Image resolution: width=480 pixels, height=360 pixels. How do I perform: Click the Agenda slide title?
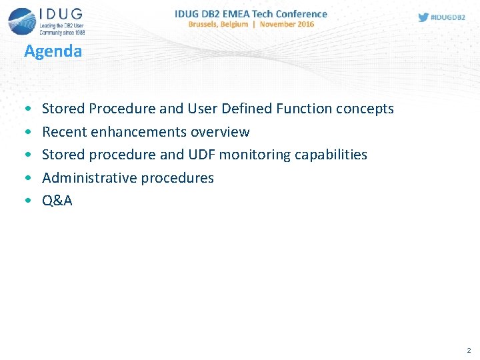point(53,51)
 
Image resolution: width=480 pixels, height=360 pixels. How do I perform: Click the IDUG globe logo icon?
point(21,20)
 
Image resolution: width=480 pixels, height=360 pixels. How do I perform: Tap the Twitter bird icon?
point(423,17)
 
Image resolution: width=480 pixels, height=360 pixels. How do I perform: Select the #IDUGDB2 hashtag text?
point(449,18)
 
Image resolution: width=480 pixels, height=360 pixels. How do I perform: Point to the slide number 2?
point(469,350)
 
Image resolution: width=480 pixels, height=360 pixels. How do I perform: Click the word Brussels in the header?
point(207,25)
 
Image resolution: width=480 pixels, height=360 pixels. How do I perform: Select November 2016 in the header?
point(287,25)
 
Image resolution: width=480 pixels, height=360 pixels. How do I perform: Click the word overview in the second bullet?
point(220,132)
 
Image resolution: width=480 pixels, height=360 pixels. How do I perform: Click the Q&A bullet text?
point(57,201)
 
